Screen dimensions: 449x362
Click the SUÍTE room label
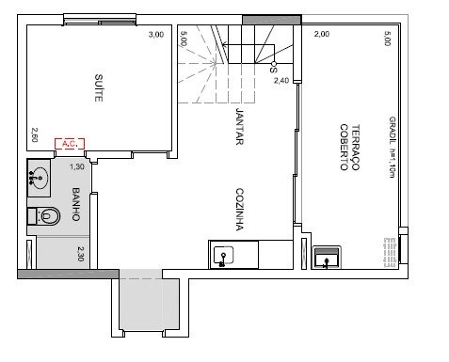99,88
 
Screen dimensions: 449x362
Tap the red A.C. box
70,144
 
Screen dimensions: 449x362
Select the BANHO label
76,204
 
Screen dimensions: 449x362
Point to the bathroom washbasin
39,178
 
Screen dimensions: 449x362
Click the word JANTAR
239,126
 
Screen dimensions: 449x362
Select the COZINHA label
239,210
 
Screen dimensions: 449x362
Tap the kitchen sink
223,255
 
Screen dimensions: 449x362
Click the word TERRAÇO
355,148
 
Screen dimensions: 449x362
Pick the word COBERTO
345,148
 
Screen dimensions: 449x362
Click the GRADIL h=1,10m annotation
393,148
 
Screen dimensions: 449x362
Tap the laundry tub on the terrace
327,258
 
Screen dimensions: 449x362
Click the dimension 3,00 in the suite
156,34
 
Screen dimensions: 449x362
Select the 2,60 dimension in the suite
35,134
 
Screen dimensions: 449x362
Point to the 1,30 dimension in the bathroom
77,166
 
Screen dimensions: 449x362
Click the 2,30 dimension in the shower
81,254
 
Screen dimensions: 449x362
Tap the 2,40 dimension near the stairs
281,81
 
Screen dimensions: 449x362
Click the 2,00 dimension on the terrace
322,34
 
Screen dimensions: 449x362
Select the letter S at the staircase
274,70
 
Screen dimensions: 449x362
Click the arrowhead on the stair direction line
224,44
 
